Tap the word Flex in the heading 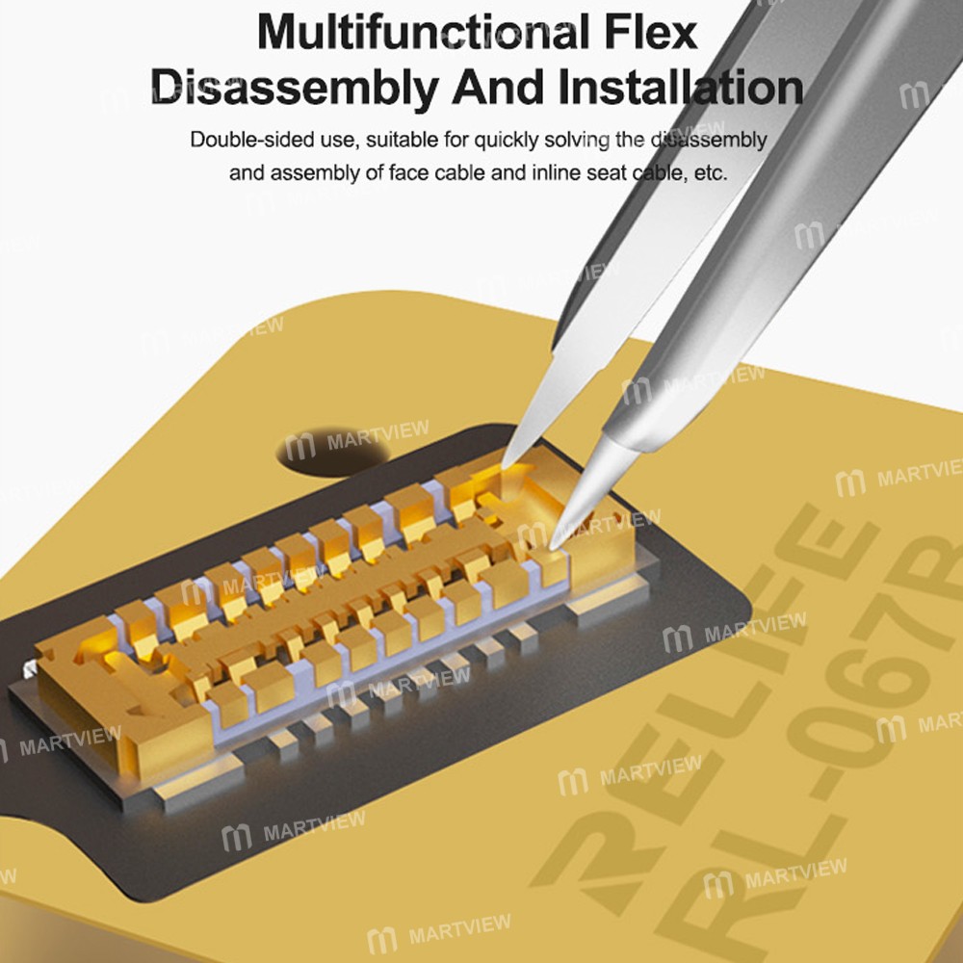(650, 32)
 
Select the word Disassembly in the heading (294, 89)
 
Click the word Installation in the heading (681, 88)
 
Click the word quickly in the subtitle (505, 141)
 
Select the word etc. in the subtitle (711, 173)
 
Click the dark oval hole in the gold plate (333, 450)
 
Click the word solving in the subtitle (577, 141)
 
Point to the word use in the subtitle (338, 141)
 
